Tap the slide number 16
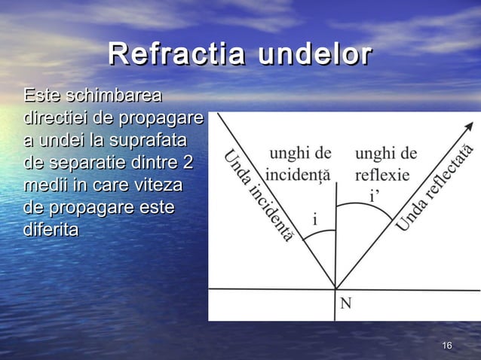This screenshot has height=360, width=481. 446,345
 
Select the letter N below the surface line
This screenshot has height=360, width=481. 345,303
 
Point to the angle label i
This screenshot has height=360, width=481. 314,220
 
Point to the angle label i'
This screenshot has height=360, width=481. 373,197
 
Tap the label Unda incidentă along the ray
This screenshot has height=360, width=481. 257,195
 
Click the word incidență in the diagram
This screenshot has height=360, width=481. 298,172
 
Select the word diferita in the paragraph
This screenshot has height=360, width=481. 51,228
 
